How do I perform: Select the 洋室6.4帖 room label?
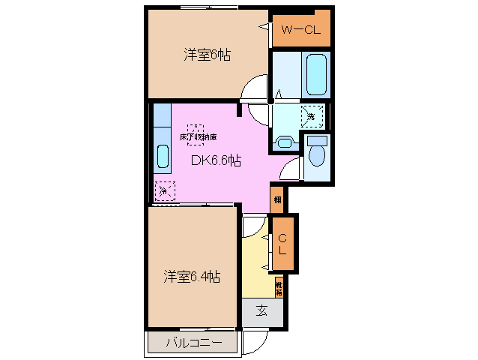click(192, 276)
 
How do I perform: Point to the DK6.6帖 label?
click(215, 160)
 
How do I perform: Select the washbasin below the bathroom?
click(284, 142)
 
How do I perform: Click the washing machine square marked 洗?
click(312, 116)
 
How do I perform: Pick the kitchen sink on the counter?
click(163, 157)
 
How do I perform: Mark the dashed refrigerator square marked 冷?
click(163, 191)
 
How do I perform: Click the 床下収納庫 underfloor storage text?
click(197, 138)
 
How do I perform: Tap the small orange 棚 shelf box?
click(277, 199)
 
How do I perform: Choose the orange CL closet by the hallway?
click(282, 244)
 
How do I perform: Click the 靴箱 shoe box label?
click(279, 287)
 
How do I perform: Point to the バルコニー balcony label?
click(193, 343)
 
